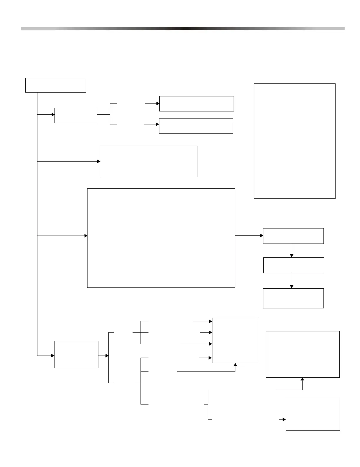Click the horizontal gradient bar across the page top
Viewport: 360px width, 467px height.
[183, 28]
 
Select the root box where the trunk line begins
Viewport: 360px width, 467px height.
[55, 85]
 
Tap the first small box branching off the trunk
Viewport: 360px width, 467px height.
[76, 115]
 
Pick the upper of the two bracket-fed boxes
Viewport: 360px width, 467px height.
[196, 104]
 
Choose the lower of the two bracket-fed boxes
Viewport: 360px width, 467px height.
[196, 126]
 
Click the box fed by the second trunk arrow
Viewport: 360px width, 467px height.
[148, 161]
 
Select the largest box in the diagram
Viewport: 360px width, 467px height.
[161, 238]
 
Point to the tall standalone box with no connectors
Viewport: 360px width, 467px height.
[294, 141]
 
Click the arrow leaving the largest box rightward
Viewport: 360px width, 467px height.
[249, 236]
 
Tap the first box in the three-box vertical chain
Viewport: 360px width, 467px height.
[293, 236]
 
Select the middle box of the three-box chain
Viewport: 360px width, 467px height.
[293, 265]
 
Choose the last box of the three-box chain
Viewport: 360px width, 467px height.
[293, 298]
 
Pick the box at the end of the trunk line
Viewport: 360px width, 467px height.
[76, 354]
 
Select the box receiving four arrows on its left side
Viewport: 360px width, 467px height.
[235, 340]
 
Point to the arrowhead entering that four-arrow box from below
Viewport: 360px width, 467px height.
[235, 365]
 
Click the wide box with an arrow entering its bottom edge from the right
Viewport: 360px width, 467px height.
[303, 354]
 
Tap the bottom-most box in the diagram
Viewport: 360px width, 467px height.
[313, 414]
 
